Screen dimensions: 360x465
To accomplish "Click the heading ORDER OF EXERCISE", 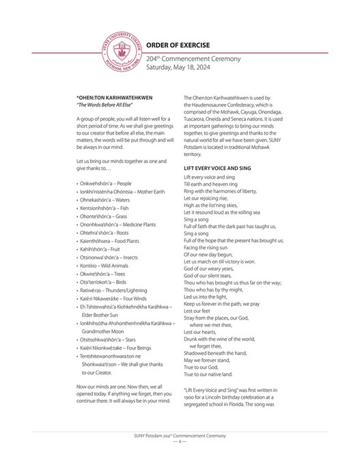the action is pos(178,46).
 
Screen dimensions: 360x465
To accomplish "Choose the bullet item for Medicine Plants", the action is pos(117,225).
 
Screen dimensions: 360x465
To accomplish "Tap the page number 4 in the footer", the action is pos(180,441).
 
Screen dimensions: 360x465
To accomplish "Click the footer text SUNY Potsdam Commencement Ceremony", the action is pos(180,435).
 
